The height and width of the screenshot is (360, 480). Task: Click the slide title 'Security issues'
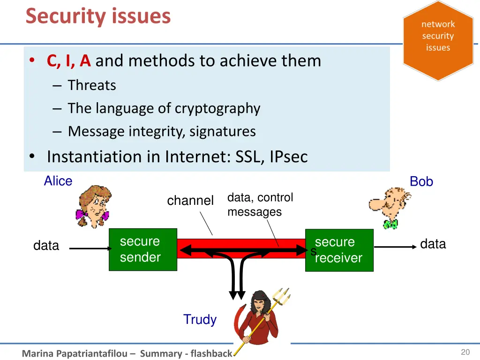pos(98,16)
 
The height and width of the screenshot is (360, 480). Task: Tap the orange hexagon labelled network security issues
pos(438,40)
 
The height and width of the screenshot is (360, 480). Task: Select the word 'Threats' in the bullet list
pos(92,85)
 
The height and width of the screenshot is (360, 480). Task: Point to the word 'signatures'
pos(223,131)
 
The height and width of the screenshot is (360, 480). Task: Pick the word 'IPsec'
pos(288,157)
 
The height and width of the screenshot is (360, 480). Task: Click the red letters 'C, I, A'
pos(68,61)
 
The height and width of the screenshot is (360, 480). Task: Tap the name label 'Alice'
pos(58,181)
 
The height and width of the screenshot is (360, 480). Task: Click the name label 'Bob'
pos(421,181)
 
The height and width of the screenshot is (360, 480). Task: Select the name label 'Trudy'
pos(200,320)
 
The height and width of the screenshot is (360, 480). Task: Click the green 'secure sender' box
pos(143,249)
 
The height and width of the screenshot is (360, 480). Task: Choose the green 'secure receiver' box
pos(339,250)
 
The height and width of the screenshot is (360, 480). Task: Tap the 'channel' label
pos(190,201)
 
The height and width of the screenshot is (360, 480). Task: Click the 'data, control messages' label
pos(260,205)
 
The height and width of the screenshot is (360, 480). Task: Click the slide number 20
pos(465,352)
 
